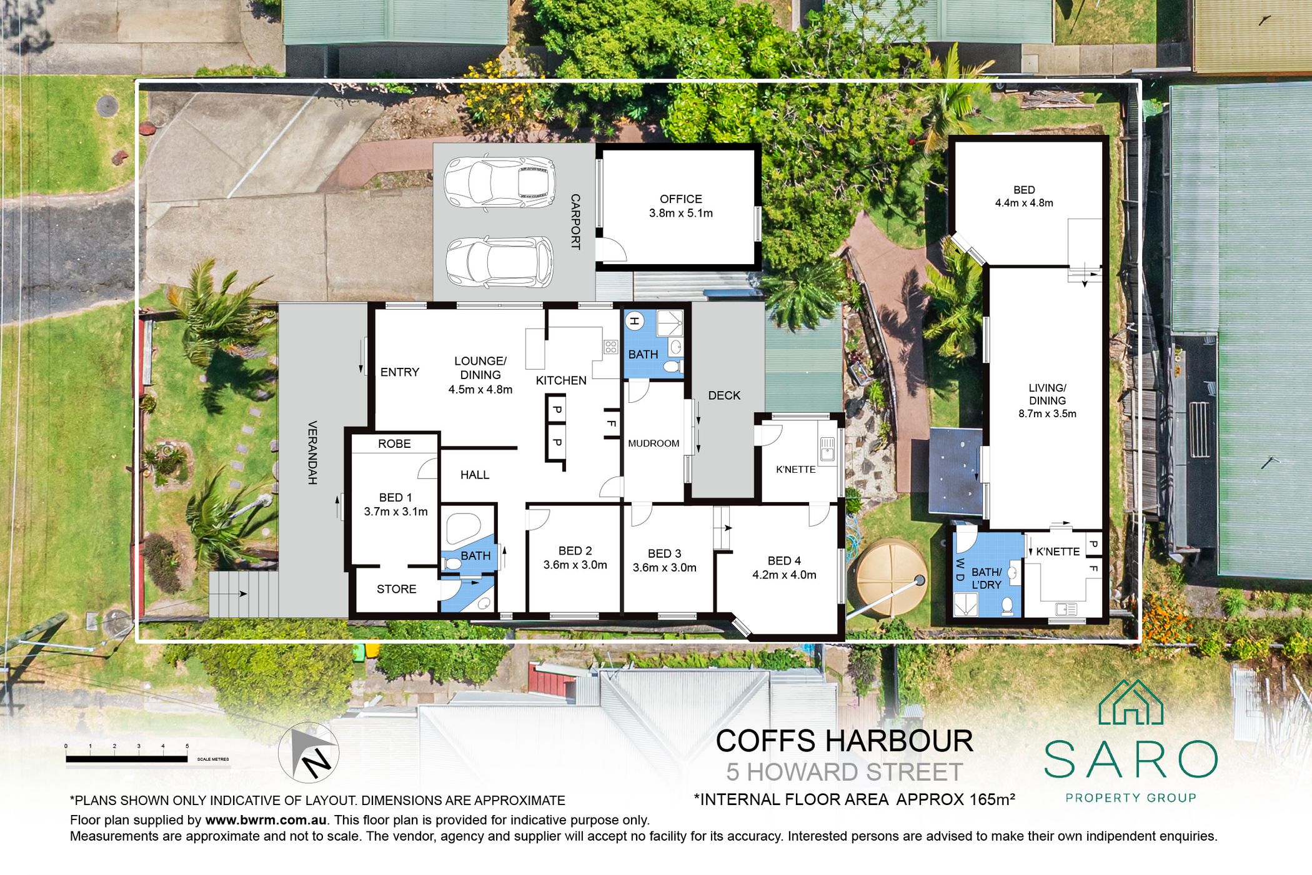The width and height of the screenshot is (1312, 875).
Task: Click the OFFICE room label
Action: click(680, 199)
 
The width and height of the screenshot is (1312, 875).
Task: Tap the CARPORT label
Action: click(575, 222)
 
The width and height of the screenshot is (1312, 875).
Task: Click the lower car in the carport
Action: click(499, 262)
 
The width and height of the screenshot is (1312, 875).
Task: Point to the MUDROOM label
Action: click(654, 443)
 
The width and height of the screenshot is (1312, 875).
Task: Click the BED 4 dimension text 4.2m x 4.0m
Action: click(784, 575)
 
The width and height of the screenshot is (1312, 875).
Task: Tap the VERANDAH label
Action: click(312, 453)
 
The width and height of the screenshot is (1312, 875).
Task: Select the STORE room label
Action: click(396, 589)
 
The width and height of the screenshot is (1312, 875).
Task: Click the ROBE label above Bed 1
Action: click(394, 443)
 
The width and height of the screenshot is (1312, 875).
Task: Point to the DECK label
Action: click(724, 395)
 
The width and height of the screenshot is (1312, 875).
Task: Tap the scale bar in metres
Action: click(127, 759)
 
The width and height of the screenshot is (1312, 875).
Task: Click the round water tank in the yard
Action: click(892, 579)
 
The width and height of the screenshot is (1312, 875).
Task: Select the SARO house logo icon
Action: click(1131, 702)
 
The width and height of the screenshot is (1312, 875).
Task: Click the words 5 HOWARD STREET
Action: click(844, 772)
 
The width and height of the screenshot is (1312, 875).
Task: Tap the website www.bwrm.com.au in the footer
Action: click(266, 820)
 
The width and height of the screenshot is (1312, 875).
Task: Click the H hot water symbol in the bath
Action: click(634, 321)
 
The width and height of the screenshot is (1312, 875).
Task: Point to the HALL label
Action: click(475, 475)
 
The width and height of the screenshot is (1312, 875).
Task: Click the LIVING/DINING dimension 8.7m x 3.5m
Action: click(1047, 413)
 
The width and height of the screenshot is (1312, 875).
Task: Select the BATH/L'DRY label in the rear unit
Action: click(986, 578)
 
